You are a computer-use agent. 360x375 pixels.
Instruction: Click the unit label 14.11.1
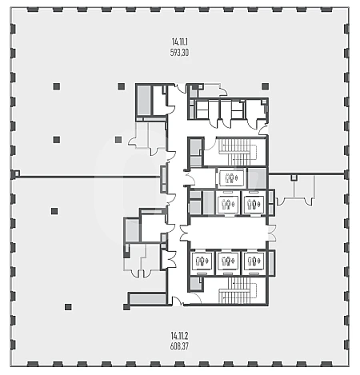point(180,42)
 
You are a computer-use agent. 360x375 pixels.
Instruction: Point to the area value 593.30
point(179,53)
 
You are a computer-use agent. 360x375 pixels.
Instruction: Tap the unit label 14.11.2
point(179,335)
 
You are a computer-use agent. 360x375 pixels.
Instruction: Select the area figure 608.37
point(179,346)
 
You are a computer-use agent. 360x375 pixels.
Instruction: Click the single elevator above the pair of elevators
point(231,178)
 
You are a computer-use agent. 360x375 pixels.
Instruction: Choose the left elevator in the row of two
point(227,204)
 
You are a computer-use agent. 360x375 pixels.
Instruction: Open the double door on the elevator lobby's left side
point(184,233)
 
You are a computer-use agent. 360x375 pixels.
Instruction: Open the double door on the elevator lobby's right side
point(272,233)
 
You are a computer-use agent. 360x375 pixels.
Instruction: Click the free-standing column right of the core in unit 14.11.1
point(265,86)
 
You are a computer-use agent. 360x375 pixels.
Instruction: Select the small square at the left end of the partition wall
point(17,174)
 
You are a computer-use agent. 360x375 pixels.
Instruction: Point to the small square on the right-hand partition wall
point(294,178)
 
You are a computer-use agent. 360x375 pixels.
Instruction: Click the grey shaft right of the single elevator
point(257,178)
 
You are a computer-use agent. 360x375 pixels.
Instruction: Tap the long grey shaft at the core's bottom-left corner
point(148,299)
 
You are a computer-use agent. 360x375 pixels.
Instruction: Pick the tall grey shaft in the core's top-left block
point(144,100)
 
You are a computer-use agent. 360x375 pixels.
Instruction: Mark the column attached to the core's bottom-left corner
point(126,307)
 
